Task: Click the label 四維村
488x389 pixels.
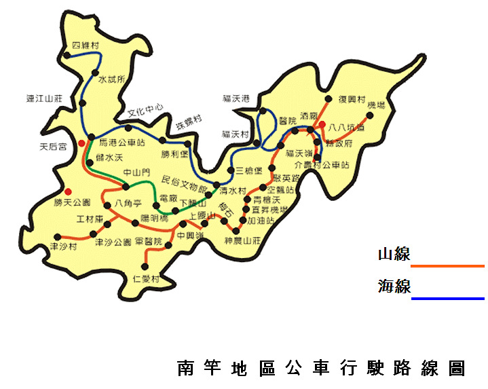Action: (86, 45)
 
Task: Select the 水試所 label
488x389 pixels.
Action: (112, 79)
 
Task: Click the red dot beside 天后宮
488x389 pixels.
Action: (81, 143)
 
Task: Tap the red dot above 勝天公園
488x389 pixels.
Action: (68, 191)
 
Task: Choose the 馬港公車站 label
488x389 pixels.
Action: (122, 143)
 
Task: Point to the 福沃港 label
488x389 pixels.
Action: (236, 98)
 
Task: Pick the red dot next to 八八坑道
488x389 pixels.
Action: (323, 125)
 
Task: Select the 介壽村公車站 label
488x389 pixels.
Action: (322, 164)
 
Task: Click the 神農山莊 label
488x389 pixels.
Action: (242, 241)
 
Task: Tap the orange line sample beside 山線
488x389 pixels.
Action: (448, 266)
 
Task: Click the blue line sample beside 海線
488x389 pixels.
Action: (448, 298)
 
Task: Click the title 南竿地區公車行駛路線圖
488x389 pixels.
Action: (321, 369)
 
